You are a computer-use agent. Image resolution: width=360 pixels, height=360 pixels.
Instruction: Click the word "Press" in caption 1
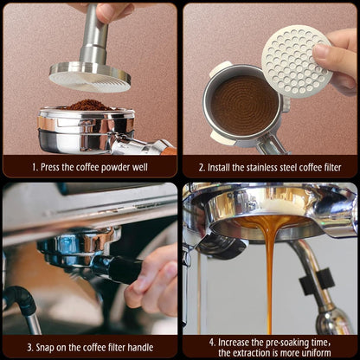(x=50, y=167)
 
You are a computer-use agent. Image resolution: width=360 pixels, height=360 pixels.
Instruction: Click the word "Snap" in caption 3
(x=45, y=348)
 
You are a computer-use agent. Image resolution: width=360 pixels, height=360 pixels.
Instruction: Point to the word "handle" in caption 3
(x=140, y=347)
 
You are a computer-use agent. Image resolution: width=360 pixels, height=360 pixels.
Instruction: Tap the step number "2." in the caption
(x=202, y=168)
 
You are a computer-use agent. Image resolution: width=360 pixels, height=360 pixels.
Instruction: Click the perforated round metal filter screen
(x=297, y=61)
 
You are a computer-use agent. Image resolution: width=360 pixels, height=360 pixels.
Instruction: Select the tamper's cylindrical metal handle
(x=93, y=35)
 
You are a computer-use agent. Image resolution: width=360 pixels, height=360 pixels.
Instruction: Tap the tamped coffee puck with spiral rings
(x=244, y=106)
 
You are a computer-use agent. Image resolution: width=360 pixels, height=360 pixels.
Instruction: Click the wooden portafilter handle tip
(x=169, y=151)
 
